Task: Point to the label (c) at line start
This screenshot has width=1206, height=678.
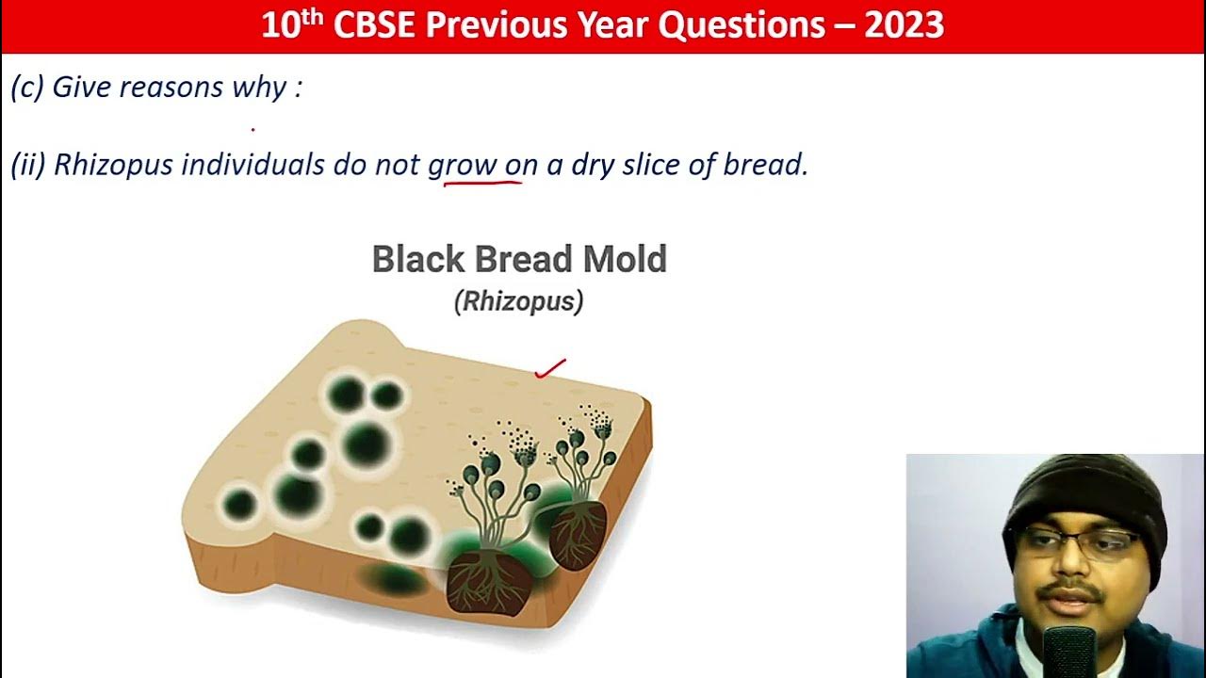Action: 26,88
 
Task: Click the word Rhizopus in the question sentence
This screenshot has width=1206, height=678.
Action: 113,165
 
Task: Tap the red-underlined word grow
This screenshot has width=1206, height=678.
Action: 462,165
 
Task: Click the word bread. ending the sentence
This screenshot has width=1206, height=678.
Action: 765,165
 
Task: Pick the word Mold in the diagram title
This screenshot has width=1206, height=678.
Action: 622,259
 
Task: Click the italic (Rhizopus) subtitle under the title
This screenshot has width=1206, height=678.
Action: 518,301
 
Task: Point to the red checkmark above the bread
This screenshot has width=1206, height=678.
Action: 550,368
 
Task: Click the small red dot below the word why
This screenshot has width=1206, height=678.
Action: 253,129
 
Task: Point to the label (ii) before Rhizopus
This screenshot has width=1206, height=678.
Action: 27,165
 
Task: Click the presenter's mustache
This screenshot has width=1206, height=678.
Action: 1071,592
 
